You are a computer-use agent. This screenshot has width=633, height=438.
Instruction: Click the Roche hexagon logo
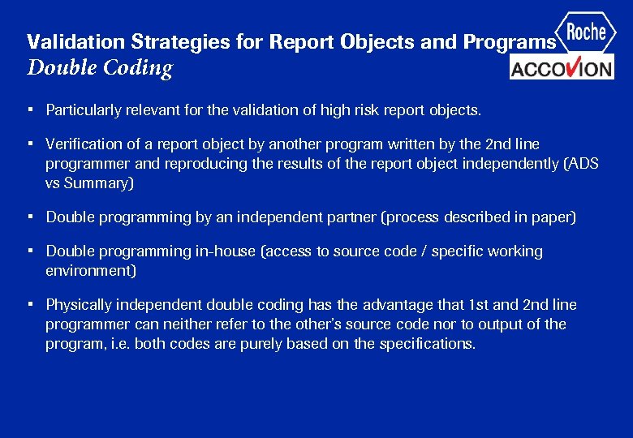click(586, 32)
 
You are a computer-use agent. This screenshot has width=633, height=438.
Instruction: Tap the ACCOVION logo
click(562, 67)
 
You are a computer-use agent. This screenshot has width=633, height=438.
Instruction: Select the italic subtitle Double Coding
click(100, 67)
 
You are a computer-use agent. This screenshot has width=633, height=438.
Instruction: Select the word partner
click(351, 217)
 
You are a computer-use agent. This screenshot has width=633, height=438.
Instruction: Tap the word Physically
click(79, 305)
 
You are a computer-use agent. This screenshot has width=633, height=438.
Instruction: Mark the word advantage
click(394, 305)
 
